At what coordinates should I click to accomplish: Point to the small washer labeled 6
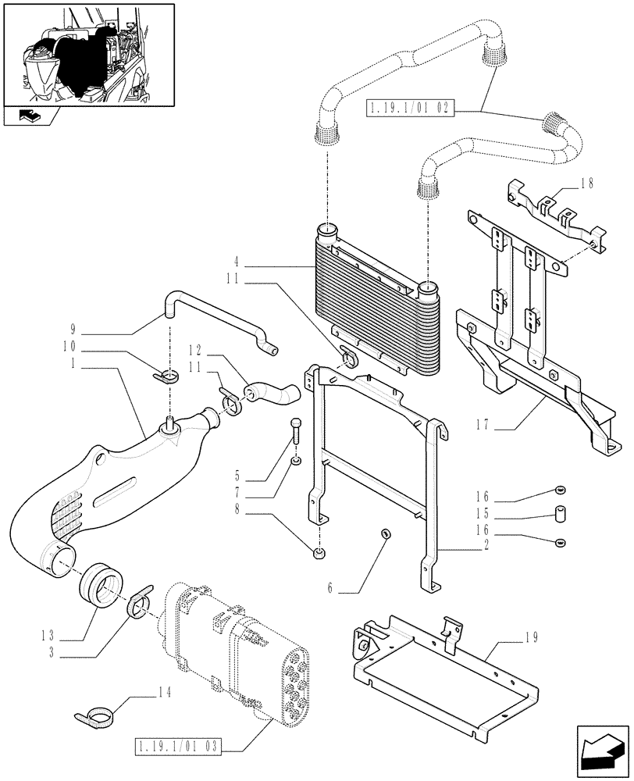pyautogui.click(x=385, y=533)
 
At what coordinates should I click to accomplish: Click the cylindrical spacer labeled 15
pyautogui.click(x=559, y=515)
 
